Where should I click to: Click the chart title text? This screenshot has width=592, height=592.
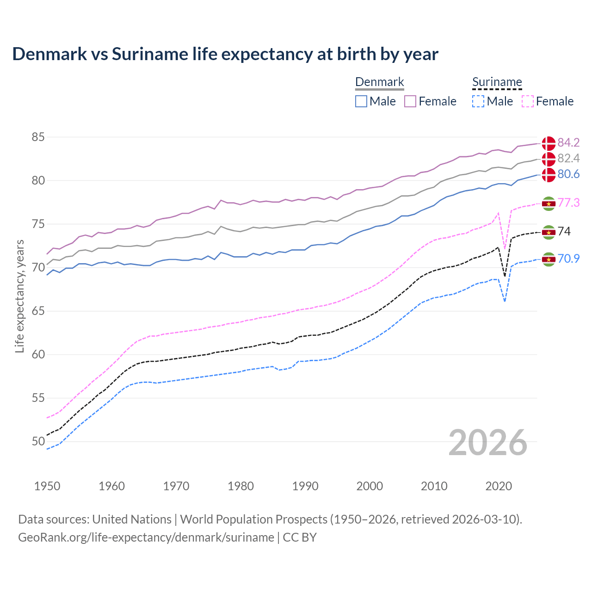click(225, 54)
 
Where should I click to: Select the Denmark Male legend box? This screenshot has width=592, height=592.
click(361, 101)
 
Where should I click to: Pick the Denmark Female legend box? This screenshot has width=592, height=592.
click(410, 101)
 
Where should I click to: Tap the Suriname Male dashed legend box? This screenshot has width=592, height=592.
click(478, 101)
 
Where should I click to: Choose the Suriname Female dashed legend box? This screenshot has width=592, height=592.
click(527, 101)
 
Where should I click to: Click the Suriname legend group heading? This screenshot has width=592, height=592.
click(497, 82)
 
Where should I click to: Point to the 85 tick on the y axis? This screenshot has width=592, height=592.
click(38, 137)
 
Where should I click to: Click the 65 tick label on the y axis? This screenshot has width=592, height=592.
click(38, 311)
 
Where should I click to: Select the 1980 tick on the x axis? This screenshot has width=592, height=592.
click(240, 486)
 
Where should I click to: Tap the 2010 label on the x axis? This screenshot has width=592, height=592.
click(434, 486)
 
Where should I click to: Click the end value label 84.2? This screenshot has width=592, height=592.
click(568, 142)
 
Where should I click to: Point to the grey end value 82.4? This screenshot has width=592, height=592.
click(568, 159)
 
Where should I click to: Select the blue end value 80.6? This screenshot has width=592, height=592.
click(568, 174)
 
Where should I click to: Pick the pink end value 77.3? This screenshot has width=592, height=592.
click(568, 203)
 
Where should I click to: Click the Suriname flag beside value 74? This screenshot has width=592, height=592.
click(549, 232)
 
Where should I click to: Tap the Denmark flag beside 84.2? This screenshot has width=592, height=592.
click(549, 143)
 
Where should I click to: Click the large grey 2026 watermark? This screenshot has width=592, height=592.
click(488, 443)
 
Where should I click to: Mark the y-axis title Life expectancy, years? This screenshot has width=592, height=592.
click(20, 296)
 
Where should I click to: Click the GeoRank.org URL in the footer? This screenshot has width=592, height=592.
click(146, 537)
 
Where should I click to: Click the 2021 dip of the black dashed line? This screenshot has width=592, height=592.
click(505, 276)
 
